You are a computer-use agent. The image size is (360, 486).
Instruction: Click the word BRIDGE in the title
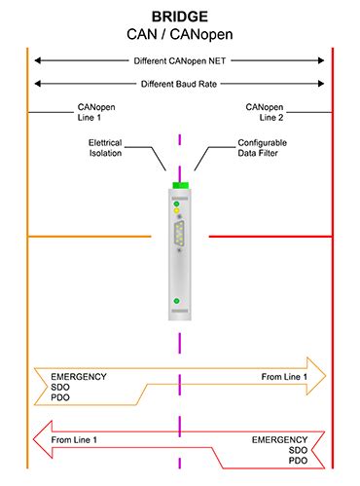click(x=179, y=17)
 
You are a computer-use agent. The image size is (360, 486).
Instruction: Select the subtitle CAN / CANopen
click(x=179, y=34)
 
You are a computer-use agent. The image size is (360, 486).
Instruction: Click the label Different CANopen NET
click(x=179, y=60)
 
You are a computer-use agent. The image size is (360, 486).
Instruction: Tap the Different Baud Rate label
click(x=179, y=83)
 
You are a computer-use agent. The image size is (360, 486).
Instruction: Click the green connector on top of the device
click(x=179, y=186)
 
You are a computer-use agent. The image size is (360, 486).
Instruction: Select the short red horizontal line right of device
click(x=270, y=236)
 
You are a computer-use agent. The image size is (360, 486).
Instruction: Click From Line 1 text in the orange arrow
click(x=284, y=376)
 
